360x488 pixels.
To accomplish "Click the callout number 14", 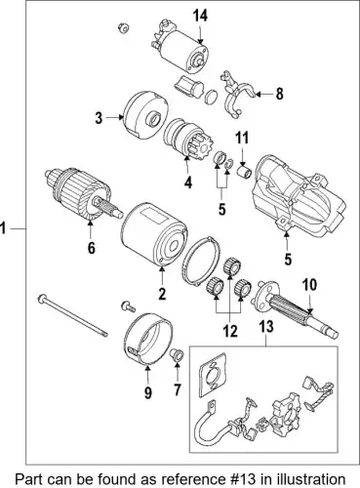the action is pyautogui.click(x=200, y=16).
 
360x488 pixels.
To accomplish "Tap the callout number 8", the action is pyautogui.click(x=279, y=94).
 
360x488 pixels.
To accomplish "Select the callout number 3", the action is pyautogui.click(x=99, y=118).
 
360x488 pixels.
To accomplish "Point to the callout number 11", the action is pyautogui.click(x=242, y=138).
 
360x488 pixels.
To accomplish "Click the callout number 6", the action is pyautogui.click(x=91, y=248).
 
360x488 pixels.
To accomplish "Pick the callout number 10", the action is pyautogui.click(x=309, y=285).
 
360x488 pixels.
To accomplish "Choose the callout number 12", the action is pyautogui.click(x=230, y=332).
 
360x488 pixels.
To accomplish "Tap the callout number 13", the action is pyautogui.click(x=266, y=327).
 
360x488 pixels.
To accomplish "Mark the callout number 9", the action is pyautogui.click(x=148, y=393).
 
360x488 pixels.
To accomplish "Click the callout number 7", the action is pyautogui.click(x=178, y=389).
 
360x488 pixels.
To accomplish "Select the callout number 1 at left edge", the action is pyautogui.click(x=3, y=228).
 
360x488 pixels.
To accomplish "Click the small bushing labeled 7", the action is pyautogui.click(x=178, y=354).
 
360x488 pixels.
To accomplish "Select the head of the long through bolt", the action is pyautogui.click(x=43, y=299).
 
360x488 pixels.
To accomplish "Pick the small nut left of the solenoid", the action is pyautogui.click(x=123, y=28).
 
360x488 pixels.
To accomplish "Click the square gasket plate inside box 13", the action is pyautogui.click(x=213, y=374).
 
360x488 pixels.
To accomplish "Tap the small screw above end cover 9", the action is pyautogui.click(x=128, y=306).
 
